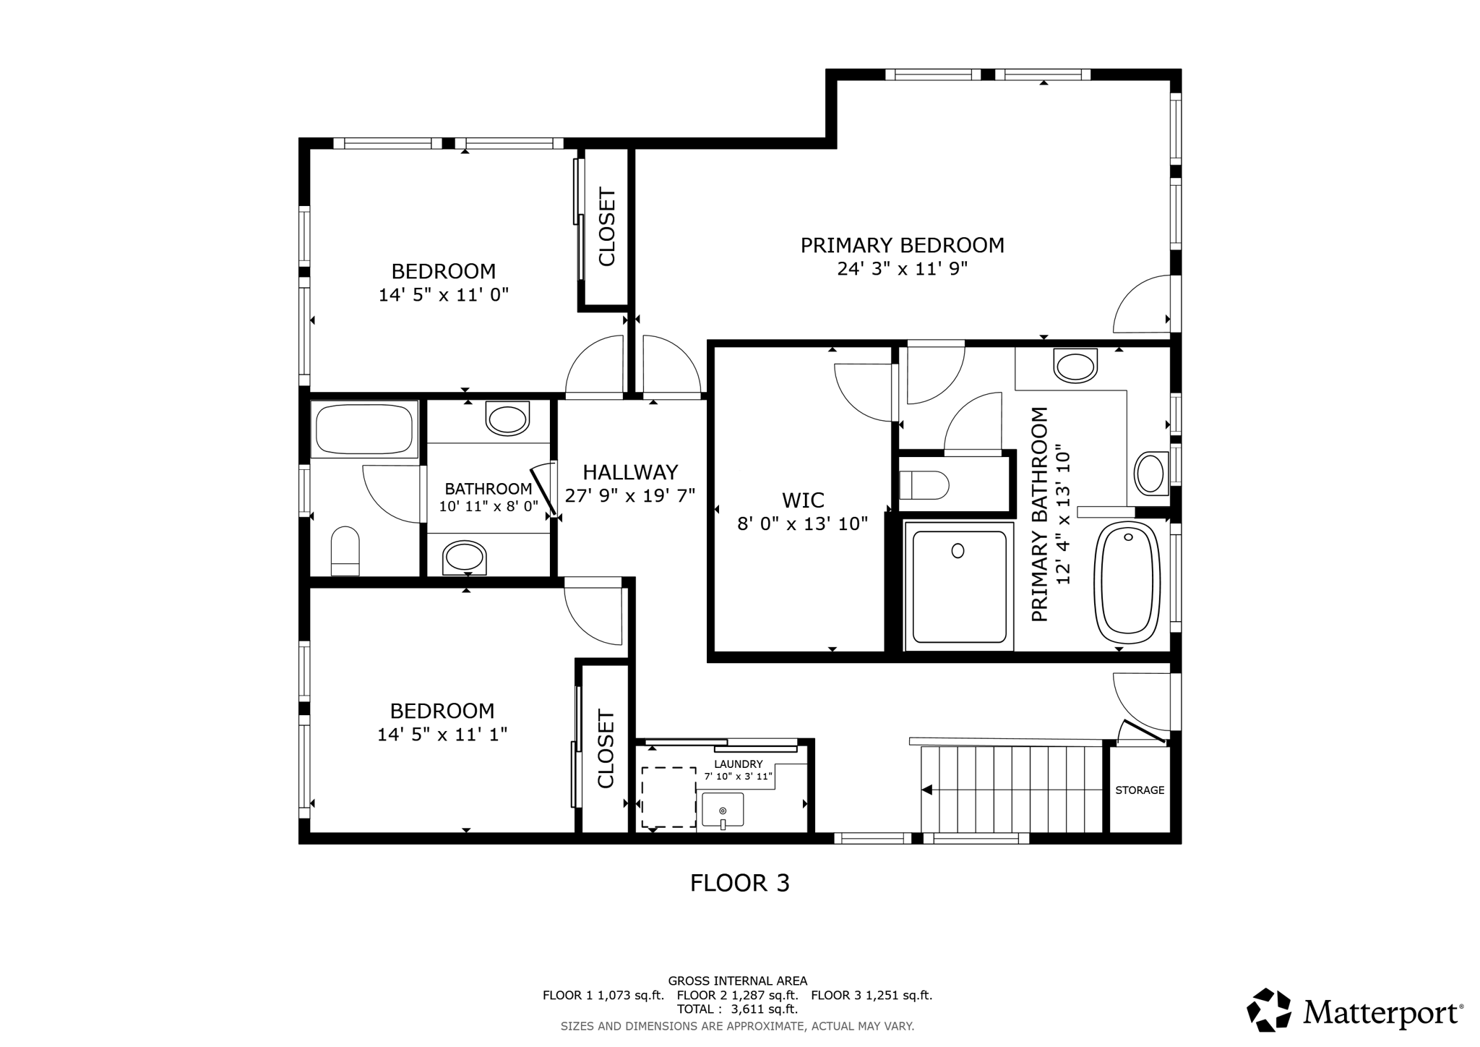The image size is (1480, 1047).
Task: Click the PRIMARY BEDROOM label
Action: coord(902,246)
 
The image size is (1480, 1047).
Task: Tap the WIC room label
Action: coord(803,500)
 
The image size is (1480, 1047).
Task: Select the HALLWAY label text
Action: coord(630,473)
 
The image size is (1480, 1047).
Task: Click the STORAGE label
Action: coord(1140,790)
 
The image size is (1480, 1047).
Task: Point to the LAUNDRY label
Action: coord(738,764)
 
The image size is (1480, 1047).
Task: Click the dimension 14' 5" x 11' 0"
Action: coord(444,295)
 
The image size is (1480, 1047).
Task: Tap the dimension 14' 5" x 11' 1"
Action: coord(442,735)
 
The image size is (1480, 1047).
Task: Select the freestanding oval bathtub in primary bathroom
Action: coord(1127,583)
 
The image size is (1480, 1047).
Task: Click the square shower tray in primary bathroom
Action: coord(959,586)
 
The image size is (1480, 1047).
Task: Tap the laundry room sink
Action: coord(723,810)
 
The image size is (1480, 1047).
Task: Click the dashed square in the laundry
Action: coord(668,797)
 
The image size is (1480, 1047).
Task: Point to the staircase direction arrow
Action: coord(927,790)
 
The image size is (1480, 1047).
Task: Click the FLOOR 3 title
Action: coord(739,884)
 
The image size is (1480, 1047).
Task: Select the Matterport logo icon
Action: coord(1269,1009)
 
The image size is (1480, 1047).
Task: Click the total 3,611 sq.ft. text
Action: coord(737,1009)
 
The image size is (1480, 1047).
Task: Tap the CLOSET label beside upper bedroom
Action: coord(606,227)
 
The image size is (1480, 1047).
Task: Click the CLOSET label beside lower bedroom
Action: coord(605,749)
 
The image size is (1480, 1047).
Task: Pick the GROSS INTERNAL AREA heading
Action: coord(737,981)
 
